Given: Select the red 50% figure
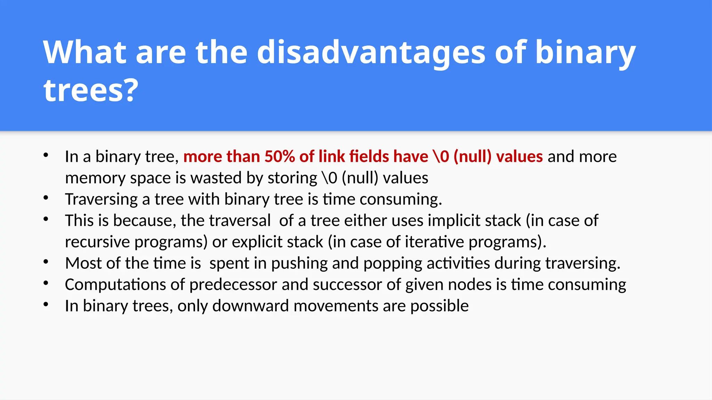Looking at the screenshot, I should [x=280, y=157].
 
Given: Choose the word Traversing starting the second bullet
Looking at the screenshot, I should [x=102, y=200].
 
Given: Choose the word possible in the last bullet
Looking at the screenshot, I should [x=439, y=306].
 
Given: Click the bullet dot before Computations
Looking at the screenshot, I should [x=46, y=283].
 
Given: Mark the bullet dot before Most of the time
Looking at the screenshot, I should [x=46, y=262].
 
